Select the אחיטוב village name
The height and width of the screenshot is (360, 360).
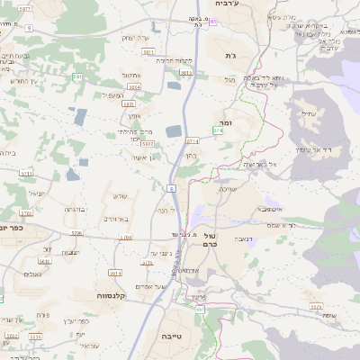point(130,76)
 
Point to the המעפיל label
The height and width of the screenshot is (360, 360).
point(112,94)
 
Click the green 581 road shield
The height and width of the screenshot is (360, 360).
point(78,78)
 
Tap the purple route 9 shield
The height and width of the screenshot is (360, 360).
point(29,28)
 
